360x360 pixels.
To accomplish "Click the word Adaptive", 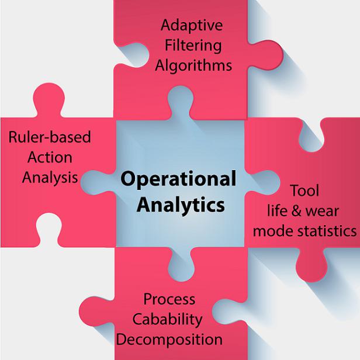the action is point(192,26).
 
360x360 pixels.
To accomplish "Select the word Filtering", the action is point(193,46).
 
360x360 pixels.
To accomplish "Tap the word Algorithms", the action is point(193,65).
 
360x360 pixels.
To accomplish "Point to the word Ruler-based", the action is point(50,137).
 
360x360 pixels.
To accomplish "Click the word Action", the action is point(50,158).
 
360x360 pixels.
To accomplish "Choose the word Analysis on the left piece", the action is point(50,178).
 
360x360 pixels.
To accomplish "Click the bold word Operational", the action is point(178,179).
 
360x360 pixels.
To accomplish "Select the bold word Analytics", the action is point(181,205).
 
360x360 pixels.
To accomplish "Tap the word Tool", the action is point(305,191).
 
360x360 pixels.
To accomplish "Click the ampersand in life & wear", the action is point(296,211).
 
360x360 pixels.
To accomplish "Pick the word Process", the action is point(169,299).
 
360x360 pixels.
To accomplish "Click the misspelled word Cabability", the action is point(167,320).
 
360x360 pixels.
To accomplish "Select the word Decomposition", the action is point(169,340).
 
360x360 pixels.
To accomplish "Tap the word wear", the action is point(322,211).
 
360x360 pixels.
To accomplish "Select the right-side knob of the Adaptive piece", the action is point(266,54).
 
